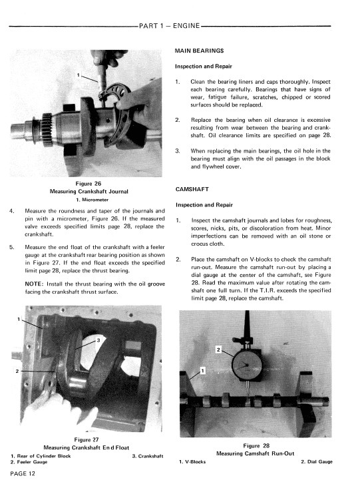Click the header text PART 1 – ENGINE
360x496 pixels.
click(170, 26)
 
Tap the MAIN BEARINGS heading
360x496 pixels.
click(199, 51)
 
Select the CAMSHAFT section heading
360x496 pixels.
click(192, 189)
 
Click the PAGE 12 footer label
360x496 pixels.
click(23, 473)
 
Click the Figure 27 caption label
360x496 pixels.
click(87, 439)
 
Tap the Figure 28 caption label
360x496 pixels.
click(256, 445)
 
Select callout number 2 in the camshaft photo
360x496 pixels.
click(218, 350)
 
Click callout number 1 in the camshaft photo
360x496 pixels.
click(203, 370)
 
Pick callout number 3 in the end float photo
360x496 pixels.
click(98, 340)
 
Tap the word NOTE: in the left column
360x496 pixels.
click(34, 284)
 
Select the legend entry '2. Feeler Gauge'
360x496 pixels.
click(29, 462)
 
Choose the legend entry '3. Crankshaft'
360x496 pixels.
click(148, 456)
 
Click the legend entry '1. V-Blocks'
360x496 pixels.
click(192, 462)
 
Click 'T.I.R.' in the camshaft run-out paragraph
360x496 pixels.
click(258, 290)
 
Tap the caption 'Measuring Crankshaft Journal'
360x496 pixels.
click(89, 191)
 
